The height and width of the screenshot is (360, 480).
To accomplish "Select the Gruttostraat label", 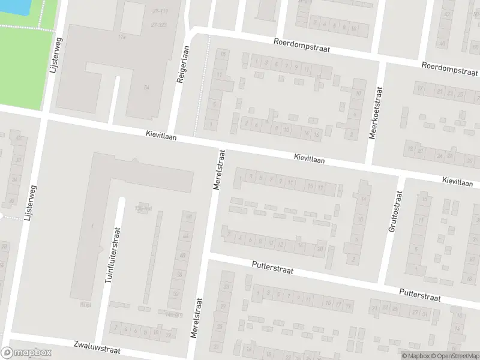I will pos(397,211).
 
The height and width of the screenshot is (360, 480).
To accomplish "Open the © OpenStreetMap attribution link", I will pos(454,356).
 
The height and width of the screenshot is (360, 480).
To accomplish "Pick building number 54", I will pos(146,88).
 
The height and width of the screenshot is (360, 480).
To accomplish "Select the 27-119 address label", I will pos(160,11).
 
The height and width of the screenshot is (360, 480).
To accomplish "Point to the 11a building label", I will pos(124,37).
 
